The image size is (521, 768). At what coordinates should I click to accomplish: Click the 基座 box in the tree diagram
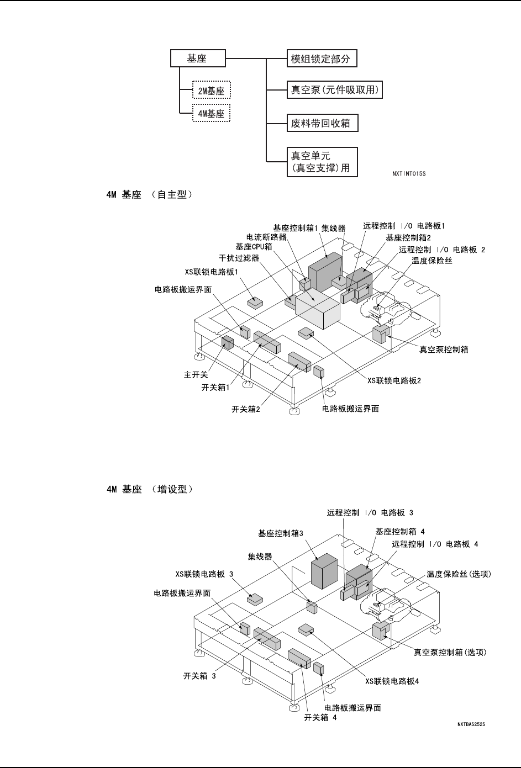click(197, 59)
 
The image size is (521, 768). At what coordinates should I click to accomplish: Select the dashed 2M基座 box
click(211, 91)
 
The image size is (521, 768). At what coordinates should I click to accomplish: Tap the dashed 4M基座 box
click(211, 114)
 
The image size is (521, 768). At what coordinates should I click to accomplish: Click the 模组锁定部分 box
click(320, 59)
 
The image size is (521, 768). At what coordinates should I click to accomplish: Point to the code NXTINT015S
click(409, 173)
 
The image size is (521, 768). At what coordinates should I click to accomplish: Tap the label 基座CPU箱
click(254, 247)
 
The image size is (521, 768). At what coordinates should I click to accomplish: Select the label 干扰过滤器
click(239, 258)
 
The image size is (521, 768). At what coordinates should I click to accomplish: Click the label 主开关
click(196, 375)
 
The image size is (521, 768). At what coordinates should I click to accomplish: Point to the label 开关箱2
click(246, 410)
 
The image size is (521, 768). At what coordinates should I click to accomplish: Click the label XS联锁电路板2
click(394, 380)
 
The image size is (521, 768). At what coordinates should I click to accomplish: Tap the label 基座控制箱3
click(281, 533)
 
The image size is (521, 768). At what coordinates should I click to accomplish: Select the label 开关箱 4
click(320, 717)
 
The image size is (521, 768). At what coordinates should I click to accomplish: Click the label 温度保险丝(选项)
click(459, 574)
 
